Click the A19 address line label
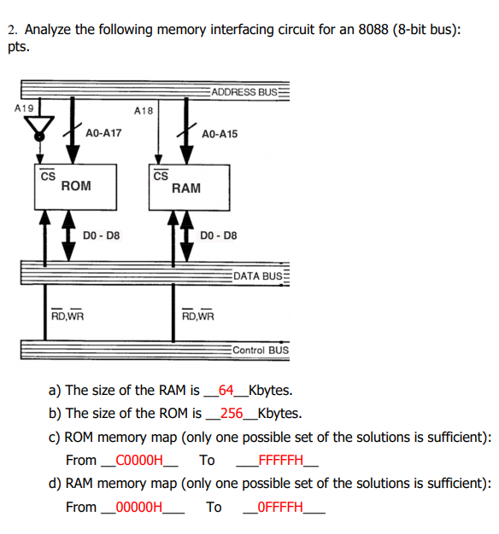(24, 108)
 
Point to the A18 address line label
(144, 110)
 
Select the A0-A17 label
(103, 133)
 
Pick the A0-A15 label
(220, 134)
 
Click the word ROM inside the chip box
(76, 185)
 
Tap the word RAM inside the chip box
(186, 188)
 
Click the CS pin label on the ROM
(48, 175)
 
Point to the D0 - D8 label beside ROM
(103, 235)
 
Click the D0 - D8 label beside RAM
(218, 235)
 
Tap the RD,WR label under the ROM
(67, 315)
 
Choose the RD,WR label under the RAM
(198, 315)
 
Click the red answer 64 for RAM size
(226, 392)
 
